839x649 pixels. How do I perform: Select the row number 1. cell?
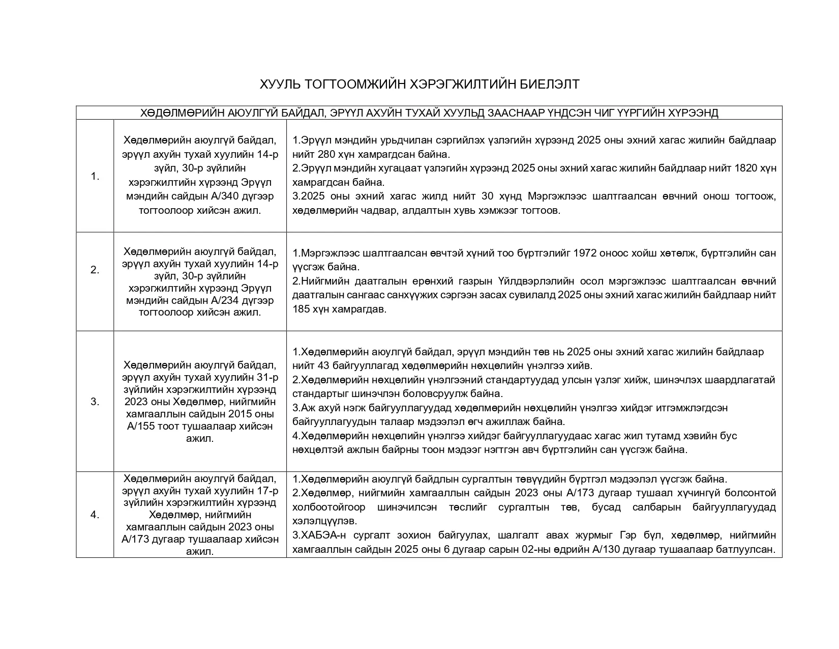(x=95, y=177)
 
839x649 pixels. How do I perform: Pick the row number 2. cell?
(x=95, y=270)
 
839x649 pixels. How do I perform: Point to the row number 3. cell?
(x=95, y=402)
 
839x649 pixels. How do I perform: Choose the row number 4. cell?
(x=95, y=515)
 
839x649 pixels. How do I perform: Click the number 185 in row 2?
(x=302, y=309)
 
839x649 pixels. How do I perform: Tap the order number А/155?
(x=142, y=426)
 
